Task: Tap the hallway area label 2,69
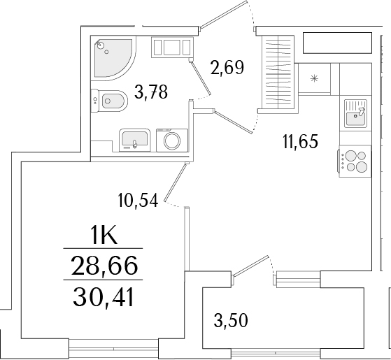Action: (x=227, y=68)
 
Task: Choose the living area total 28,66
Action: (x=103, y=266)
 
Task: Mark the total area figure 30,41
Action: (x=103, y=298)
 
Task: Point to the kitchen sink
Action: (x=355, y=113)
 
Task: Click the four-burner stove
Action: (x=355, y=161)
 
